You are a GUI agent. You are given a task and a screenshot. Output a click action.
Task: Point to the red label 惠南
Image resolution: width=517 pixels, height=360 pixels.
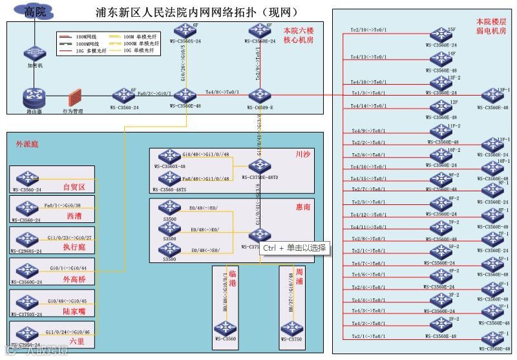click(x=303, y=207)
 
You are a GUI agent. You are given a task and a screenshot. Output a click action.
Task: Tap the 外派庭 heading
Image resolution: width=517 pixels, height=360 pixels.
click(x=28, y=143)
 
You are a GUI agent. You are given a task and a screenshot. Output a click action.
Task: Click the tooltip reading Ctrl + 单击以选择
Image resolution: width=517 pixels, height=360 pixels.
click(x=295, y=248)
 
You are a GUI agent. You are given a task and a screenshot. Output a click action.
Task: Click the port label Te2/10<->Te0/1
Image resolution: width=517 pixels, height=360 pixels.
click(x=368, y=30)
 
